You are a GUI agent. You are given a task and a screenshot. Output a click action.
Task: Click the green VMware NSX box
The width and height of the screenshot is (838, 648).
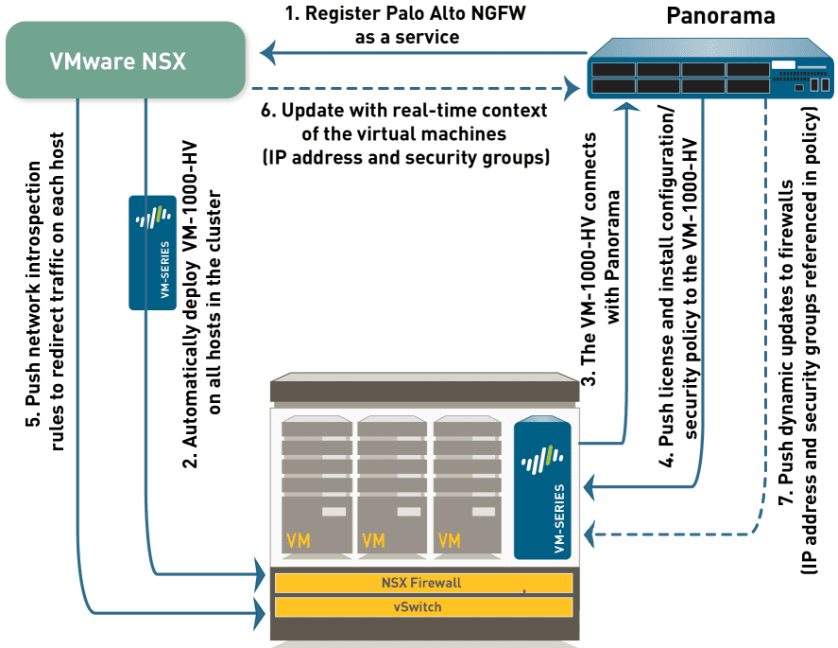tap(123, 60)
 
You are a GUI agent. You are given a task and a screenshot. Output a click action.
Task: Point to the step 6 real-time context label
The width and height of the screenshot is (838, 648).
tap(405, 134)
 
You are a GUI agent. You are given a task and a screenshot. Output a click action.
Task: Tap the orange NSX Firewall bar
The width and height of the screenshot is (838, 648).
tap(422, 582)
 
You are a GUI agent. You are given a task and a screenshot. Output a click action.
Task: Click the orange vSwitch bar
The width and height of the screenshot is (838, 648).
tap(422, 606)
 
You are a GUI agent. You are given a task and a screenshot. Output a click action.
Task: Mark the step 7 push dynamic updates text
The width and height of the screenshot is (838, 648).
tap(796, 331)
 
